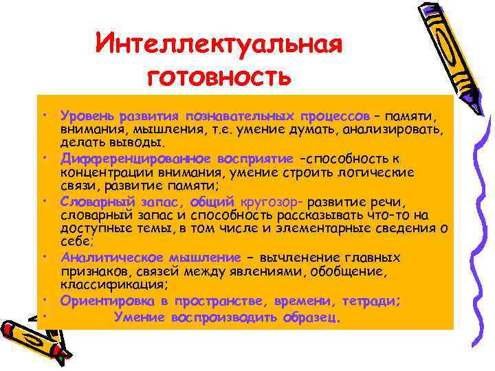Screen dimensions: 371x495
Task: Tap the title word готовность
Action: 218,75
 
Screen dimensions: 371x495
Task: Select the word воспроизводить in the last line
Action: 229,317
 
